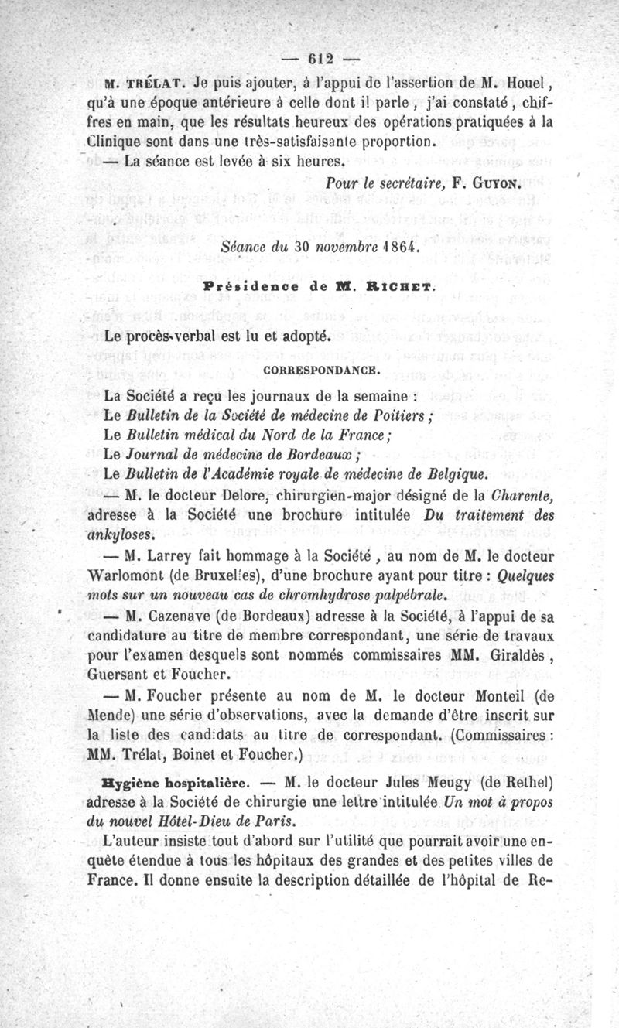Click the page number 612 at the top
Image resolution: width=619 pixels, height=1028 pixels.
point(318,59)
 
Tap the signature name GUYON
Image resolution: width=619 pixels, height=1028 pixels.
point(494,185)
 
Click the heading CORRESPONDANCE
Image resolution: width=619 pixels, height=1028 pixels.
point(321,370)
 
